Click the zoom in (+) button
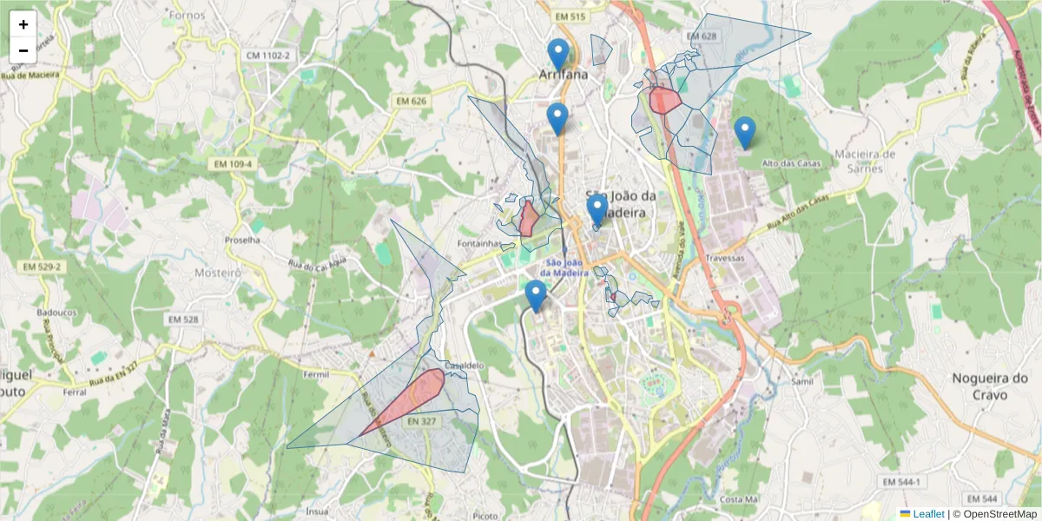click(x=23, y=24)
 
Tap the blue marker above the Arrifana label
click(x=558, y=53)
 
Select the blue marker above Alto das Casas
click(x=744, y=132)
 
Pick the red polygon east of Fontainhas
click(x=528, y=218)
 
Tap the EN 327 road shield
click(x=421, y=420)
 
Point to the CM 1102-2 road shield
click(x=267, y=56)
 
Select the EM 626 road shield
click(x=413, y=102)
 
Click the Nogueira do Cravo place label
click(x=990, y=386)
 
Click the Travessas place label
click(x=726, y=258)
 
